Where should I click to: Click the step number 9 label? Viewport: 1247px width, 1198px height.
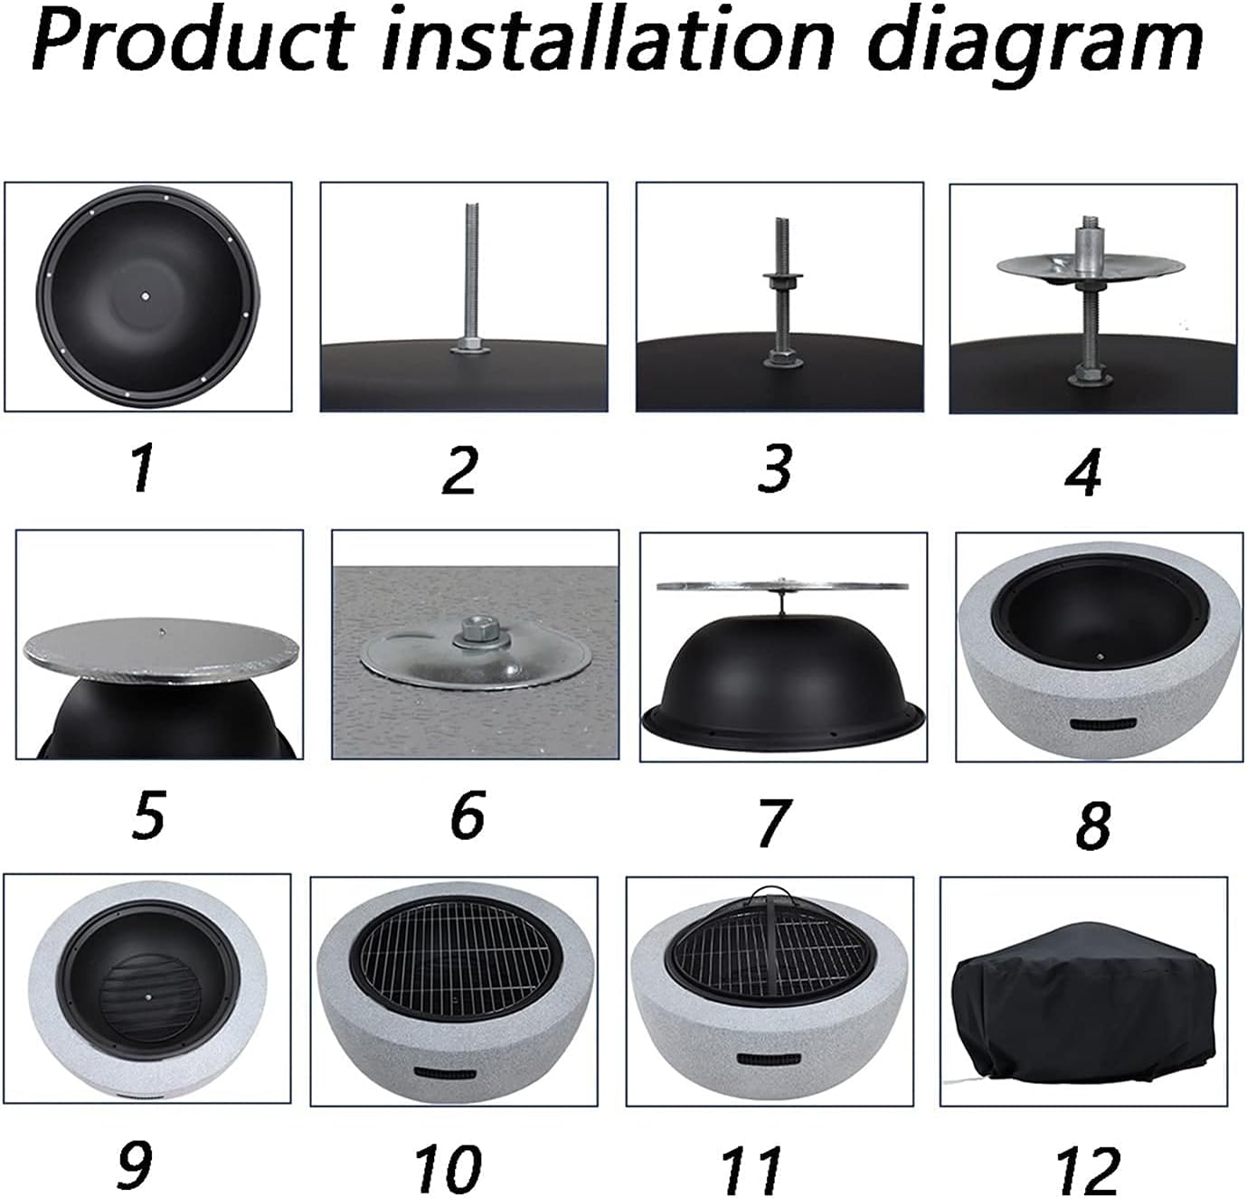tap(137, 1165)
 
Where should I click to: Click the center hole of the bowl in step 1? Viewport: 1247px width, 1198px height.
tap(146, 295)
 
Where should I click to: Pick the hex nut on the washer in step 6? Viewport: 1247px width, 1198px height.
tap(473, 631)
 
